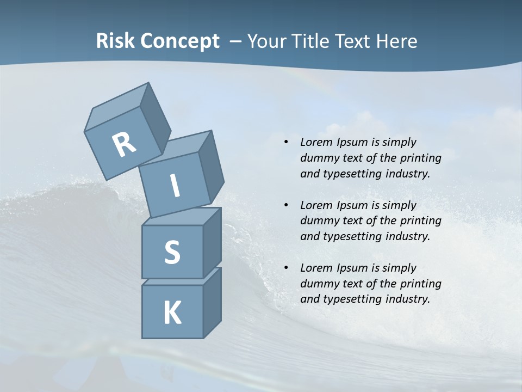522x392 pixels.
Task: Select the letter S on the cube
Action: click(x=172, y=253)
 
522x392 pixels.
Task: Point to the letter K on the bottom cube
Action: click(x=172, y=313)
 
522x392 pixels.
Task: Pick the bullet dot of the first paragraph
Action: click(x=286, y=143)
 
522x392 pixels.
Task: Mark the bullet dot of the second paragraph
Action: click(x=286, y=205)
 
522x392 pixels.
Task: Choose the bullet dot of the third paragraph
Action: click(x=286, y=268)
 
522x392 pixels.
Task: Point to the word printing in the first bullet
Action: click(x=421, y=158)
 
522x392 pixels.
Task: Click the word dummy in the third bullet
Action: click(x=318, y=284)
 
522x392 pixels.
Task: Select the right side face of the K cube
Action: click(x=212, y=304)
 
